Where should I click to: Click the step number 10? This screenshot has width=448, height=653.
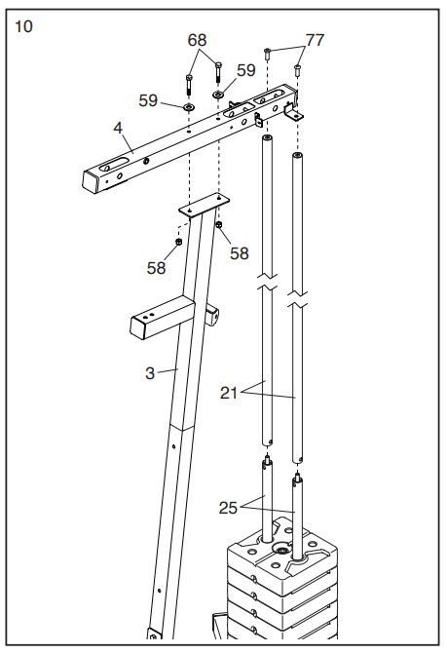coord(23,26)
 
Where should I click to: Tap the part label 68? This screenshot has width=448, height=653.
coord(198,40)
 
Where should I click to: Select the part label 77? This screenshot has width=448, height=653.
coord(315,40)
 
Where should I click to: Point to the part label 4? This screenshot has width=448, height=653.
coord(117,128)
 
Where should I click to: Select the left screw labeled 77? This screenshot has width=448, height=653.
coord(266,52)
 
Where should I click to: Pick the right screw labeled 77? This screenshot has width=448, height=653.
coord(298,69)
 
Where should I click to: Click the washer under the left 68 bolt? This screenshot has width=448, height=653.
coord(187,106)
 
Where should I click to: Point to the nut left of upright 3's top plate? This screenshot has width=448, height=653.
coord(179,242)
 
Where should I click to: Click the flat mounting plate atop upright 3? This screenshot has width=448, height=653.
coord(202,206)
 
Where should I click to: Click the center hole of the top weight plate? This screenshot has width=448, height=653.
coord(281,553)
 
